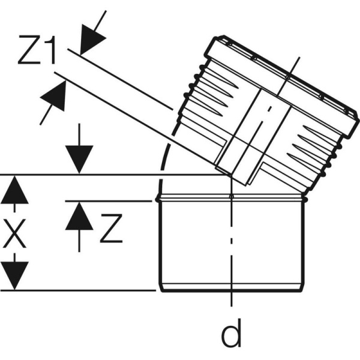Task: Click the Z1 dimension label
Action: coord(38,52)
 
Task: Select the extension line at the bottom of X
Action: coord(78,291)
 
